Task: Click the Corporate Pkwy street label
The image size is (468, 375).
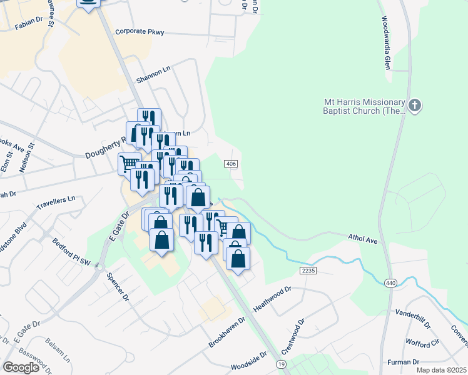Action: pyautogui.click(x=140, y=31)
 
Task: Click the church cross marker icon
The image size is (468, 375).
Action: pyautogui.click(x=415, y=106)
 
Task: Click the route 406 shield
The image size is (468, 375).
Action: pyautogui.click(x=231, y=163)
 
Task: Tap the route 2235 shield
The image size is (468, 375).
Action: pyautogui.click(x=307, y=271)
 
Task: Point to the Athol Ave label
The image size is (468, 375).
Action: pyautogui.click(x=363, y=239)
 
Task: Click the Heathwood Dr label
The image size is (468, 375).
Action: pyautogui.click(x=273, y=300)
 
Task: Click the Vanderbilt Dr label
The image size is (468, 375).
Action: pyautogui.click(x=413, y=317)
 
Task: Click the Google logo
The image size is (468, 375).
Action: pyautogui.click(x=21, y=367)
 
